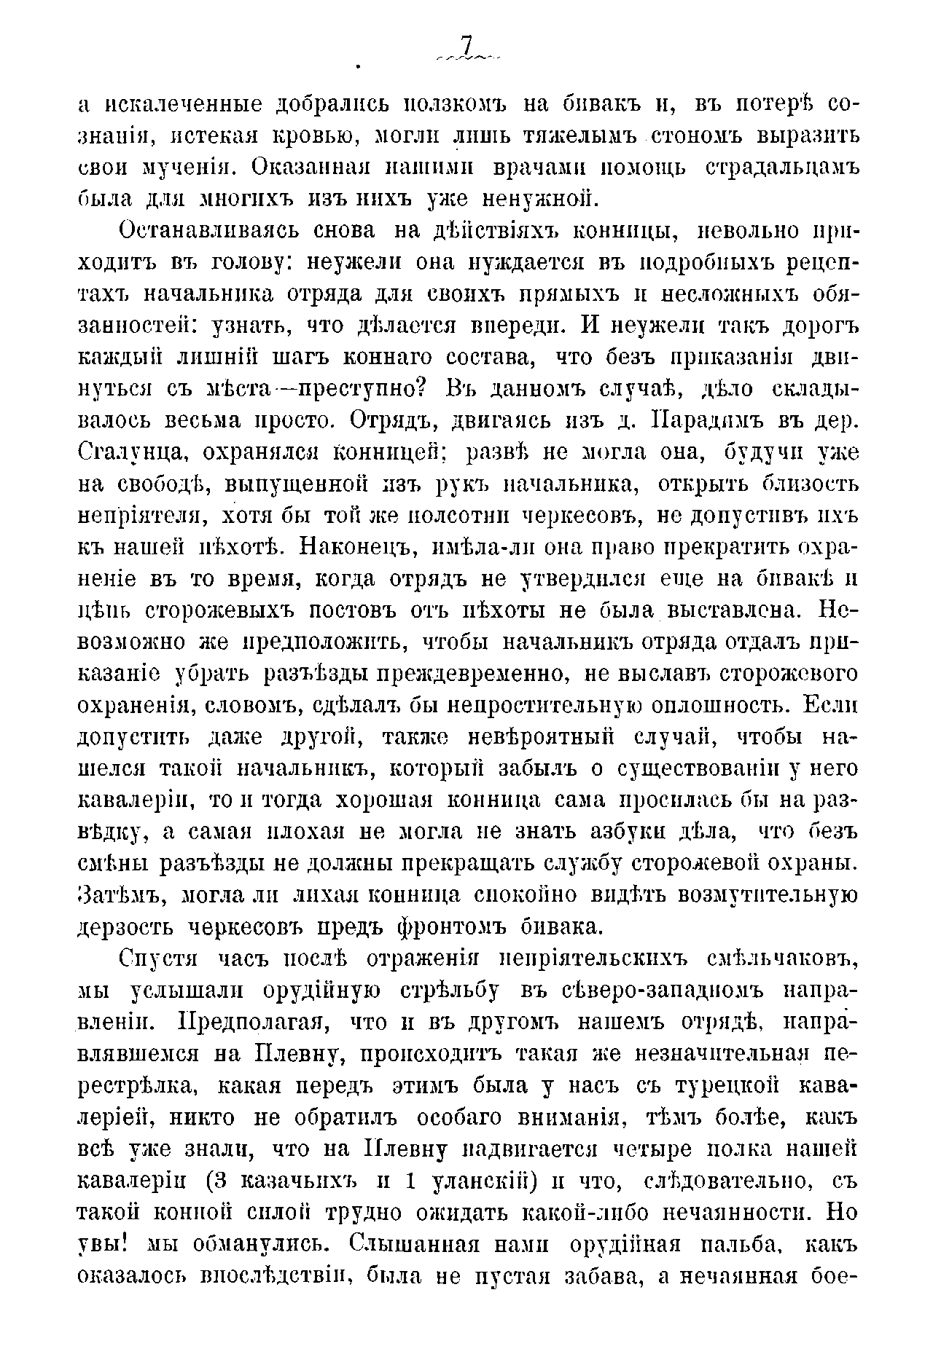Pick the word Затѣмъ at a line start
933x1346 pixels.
117,895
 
